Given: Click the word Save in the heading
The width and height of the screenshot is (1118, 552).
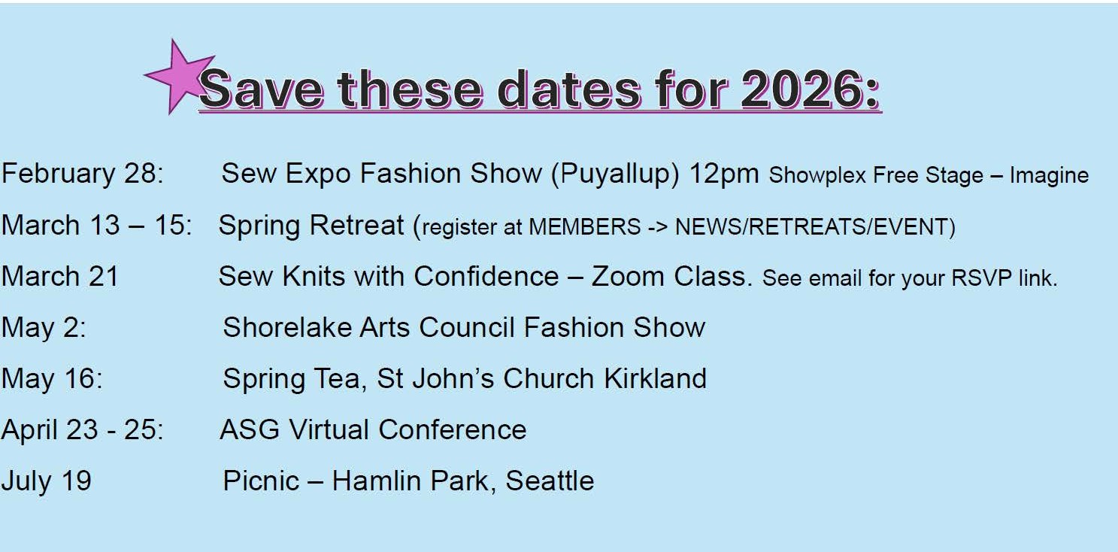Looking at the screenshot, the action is (261, 89).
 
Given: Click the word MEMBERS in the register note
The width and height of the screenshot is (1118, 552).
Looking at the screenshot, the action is (584, 226).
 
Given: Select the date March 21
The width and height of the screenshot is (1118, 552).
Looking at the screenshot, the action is (60, 276).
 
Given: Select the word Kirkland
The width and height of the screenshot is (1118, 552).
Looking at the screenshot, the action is (655, 378).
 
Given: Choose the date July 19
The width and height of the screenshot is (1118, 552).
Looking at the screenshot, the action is (47, 481).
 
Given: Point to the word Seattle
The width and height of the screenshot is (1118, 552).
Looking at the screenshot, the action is (550, 481).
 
